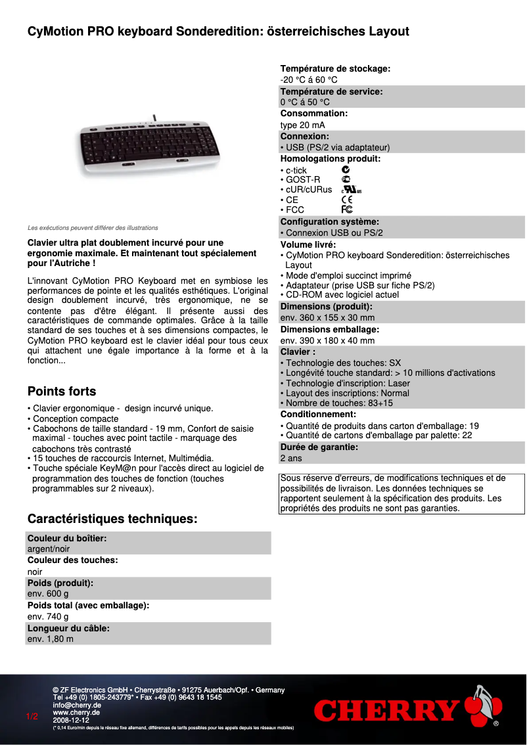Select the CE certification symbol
[347, 200]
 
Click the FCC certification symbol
[347, 210]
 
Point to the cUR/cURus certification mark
[352, 190]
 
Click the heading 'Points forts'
[62, 392]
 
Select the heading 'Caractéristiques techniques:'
[112, 501]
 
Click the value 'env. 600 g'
[48, 593]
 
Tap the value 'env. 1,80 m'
[51, 639]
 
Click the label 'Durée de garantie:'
[319, 447]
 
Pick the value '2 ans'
[292, 458]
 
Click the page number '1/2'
[32, 716]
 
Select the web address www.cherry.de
[76, 712]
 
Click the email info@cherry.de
[77, 705]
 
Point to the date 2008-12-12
[71, 720]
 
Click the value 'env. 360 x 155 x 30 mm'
[327, 317]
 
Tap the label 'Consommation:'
[314, 114]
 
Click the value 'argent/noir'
[49, 549]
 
